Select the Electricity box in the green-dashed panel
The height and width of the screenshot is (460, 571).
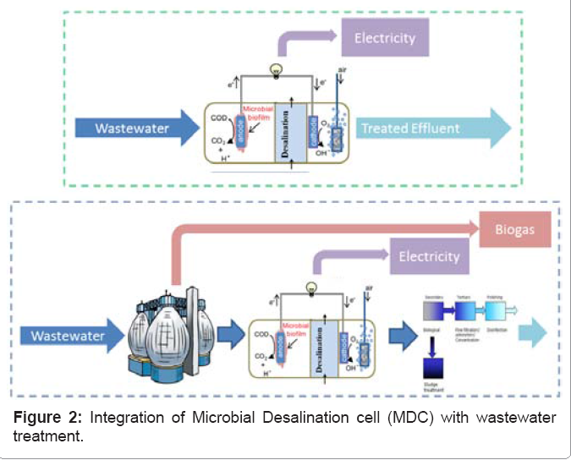pyautogui.click(x=385, y=38)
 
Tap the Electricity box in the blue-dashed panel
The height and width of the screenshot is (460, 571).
pyautogui.click(x=428, y=255)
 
